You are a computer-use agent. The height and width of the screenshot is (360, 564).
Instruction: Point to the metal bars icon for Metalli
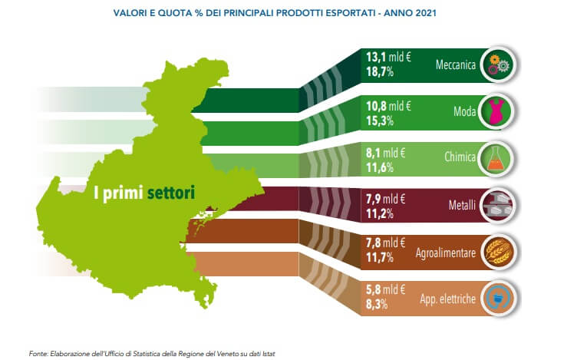497,204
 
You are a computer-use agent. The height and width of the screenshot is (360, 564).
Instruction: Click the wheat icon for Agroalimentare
497,250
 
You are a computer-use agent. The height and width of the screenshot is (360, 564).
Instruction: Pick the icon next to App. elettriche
497,297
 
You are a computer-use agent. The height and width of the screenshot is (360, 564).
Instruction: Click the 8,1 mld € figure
384,152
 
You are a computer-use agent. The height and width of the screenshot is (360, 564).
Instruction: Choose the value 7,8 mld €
384,244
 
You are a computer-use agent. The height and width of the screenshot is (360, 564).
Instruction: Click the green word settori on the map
171,191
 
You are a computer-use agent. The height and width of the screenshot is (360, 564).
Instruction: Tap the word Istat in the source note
265,353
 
